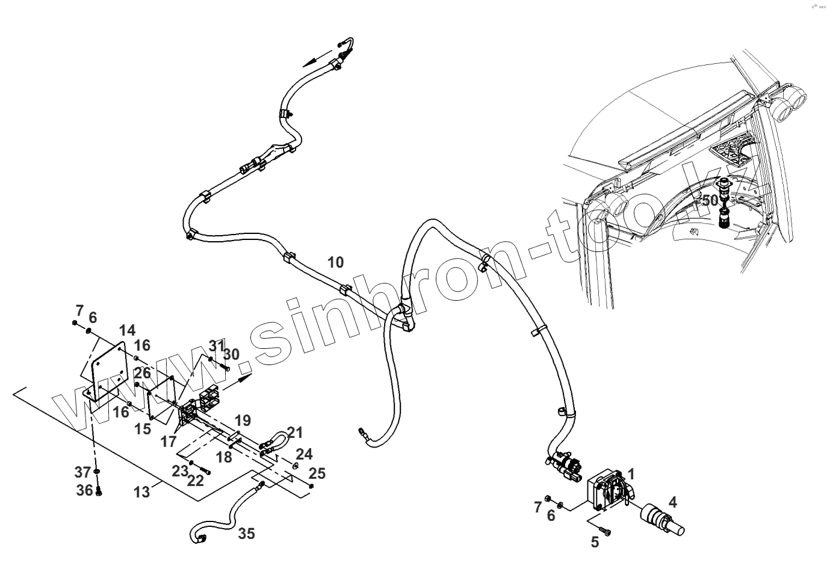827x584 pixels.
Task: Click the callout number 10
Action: pyautogui.click(x=336, y=262)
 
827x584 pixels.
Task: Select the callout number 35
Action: pyautogui.click(x=246, y=533)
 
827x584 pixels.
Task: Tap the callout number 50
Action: pyautogui.click(x=710, y=200)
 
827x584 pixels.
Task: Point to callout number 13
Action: pyautogui.click(x=141, y=492)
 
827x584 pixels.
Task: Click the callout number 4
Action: pyautogui.click(x=672, y=502)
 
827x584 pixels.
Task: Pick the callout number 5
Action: pyautogui.click(x=595, y=543)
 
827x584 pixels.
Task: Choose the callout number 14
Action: pyautogui.click(x=127, y=330)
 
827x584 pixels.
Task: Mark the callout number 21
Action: pyautogui.click(x=295, y=432)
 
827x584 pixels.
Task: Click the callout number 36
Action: pyautogui.click(x=84, y=490)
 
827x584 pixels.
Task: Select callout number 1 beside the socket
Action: pyautogui.click(x=631, y=473)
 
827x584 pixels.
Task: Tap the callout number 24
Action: pyautogui.click(x=304, y=453)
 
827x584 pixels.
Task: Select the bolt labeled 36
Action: pyautogui.click(x=99, y=492)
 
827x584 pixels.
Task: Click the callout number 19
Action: pyautogui.click(x=243, y=420)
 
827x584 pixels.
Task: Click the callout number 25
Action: pyautogui.click(x=317, y=473)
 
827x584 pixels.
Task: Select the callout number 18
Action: pyautogui.click(x=224, y=457)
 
